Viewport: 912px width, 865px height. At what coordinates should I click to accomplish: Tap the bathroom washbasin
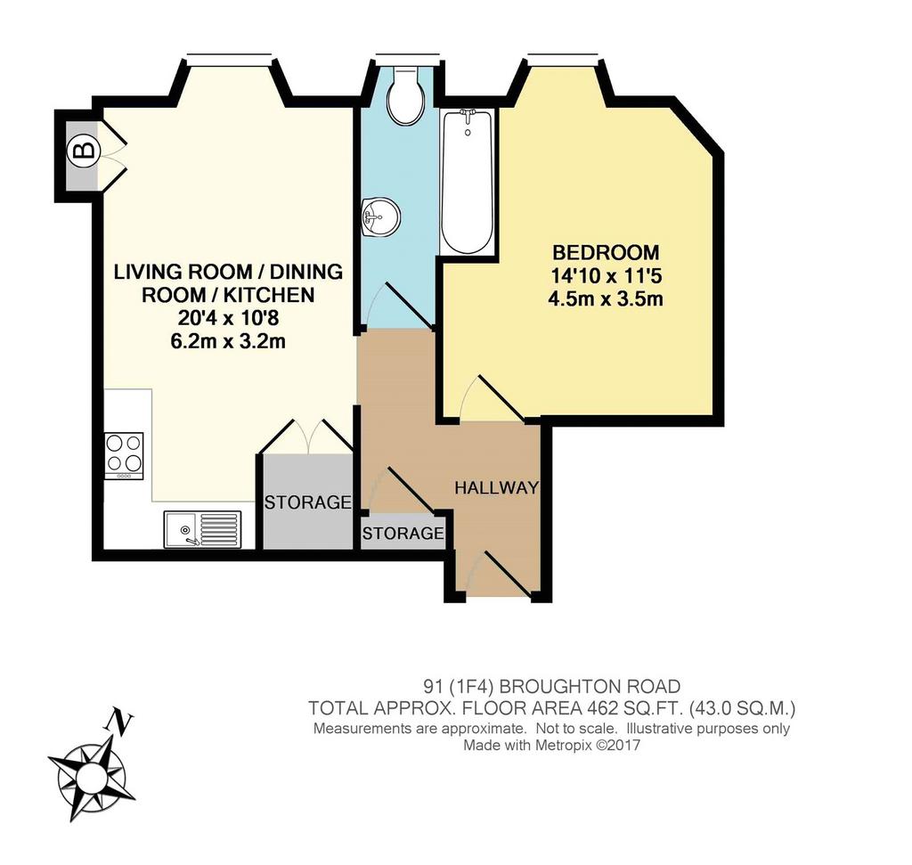tap(379, 216)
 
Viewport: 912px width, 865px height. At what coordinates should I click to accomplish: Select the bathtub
tap(468, 182)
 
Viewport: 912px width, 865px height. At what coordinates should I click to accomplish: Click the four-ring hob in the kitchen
tap(124, 455)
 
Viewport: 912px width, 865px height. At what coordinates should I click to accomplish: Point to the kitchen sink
tap(202, 529)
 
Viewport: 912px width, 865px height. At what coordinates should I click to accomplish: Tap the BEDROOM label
tap(606, 252)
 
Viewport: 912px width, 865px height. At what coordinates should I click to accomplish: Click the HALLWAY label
tap(497, 487)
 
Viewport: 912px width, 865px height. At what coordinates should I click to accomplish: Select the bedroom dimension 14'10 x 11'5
tap(606, 276)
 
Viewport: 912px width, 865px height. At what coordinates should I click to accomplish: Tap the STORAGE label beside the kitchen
tap(307, 502)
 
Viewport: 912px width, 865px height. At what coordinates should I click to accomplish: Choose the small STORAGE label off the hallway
tap(403, 533)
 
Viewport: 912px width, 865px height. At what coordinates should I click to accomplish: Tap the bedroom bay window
tap(563, 56)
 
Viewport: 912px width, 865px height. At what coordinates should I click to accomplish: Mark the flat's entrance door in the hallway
tap(506, 575)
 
